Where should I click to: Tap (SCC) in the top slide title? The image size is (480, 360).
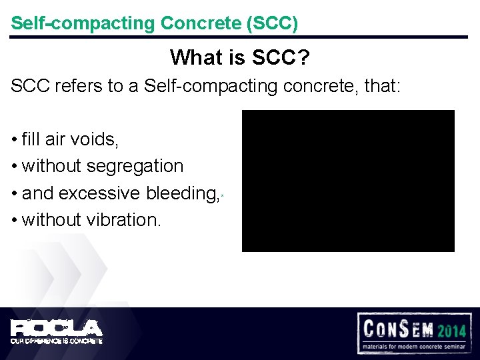coord(272,23)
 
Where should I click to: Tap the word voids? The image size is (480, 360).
coord(96,139)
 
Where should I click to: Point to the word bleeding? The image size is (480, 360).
coord(181,193)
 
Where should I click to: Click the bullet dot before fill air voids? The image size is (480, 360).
coord(14,140)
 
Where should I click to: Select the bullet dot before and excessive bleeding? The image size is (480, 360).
coord(14,194)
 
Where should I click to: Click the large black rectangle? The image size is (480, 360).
coord(347,181)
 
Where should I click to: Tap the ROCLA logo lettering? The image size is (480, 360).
coord(56,328)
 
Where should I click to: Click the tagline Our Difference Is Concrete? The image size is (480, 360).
coord(56,341)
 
